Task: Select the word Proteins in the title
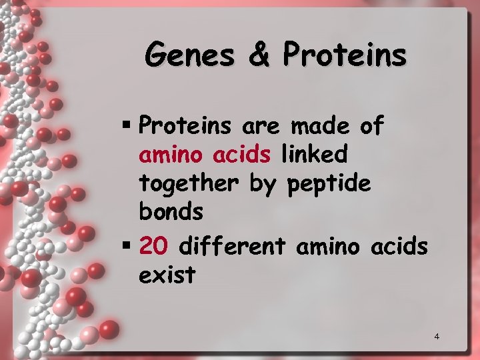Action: coord(344,55)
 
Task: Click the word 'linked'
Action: coord(314,155)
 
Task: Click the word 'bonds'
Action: coord(171,212)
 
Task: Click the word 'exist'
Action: coord(167,274)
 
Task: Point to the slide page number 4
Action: coord(437,336)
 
